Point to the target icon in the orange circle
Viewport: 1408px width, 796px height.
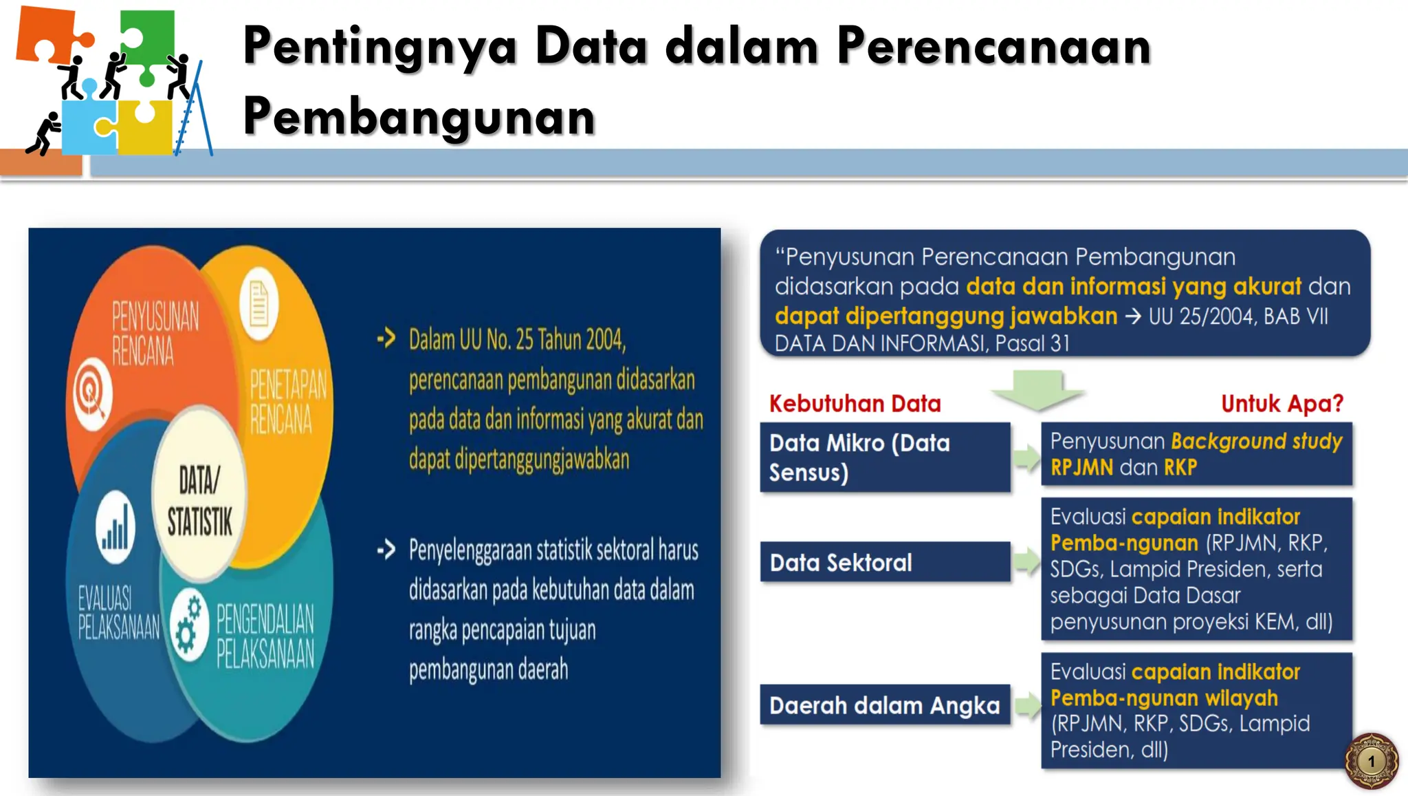coord(92,394)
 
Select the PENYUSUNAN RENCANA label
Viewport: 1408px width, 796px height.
coord(155,333)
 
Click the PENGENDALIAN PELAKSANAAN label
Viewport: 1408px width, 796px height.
coord(265,636)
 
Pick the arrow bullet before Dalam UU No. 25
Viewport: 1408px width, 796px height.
coord(386,338)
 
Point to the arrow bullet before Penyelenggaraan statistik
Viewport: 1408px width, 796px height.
coord(386,549)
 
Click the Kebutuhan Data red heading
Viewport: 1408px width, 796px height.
coord(855,403)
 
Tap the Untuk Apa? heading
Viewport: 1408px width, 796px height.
coord(1281,403)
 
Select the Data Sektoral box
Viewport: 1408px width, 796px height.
coord(885,562)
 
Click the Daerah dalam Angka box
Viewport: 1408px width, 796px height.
coord(885,705)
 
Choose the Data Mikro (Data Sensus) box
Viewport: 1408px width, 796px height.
coord(885,458)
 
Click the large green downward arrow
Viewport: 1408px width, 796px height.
coord(1037,389)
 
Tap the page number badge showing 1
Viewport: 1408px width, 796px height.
coord(1371,761)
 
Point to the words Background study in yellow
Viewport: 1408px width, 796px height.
coord(1256,441)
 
